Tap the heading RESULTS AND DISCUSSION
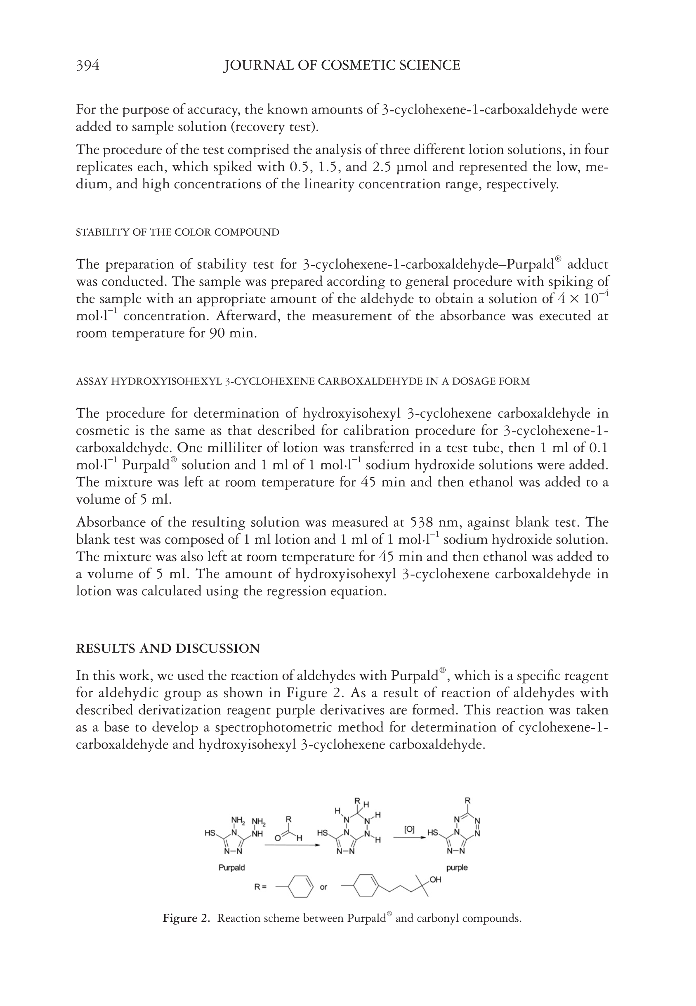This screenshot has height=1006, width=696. [168, 648]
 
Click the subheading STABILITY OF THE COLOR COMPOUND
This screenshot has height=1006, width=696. [177, 232]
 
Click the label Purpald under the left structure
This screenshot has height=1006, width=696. [231, 868]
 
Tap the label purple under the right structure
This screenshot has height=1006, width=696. [457, 868]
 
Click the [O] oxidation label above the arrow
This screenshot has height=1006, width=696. [409, 829]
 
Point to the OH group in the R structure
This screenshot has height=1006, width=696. [436, 880]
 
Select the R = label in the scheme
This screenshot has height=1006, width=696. [260, 887]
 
